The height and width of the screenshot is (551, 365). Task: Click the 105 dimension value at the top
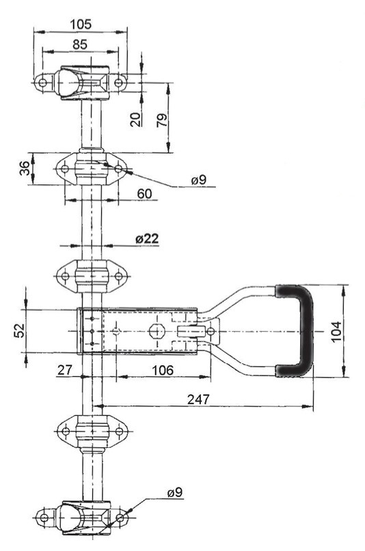pos(81,25)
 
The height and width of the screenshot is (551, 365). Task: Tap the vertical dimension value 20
pos(136,119)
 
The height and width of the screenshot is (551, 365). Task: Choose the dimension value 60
pos(144,194)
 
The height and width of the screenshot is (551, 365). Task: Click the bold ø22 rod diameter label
pos(146,238)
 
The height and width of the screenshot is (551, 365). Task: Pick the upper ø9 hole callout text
pos(200,180)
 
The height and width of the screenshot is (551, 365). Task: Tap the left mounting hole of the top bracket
pos(42,83)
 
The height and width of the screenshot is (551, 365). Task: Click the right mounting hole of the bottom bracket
pos(120,518)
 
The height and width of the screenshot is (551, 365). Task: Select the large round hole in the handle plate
pos(156,331)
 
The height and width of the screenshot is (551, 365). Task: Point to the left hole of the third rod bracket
pos(65,277)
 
